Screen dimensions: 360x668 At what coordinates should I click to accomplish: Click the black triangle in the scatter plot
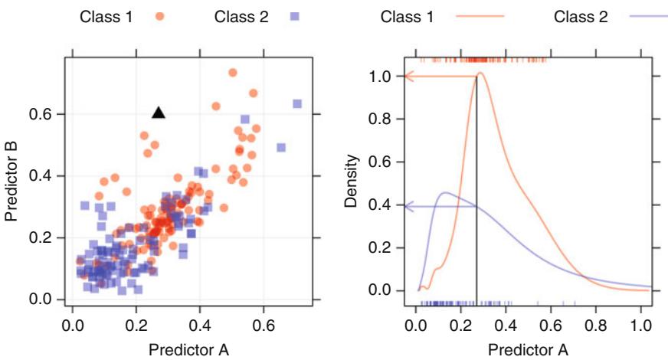[159, 113]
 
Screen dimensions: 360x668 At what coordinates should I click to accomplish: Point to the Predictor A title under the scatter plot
[188, 350]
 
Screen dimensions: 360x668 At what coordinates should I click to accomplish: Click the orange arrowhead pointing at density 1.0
[409, 77]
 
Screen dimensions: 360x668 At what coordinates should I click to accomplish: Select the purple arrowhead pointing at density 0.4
[409, 206]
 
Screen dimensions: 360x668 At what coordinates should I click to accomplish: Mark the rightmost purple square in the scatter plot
[297, 103]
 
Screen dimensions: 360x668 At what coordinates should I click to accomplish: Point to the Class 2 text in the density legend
[580, 17]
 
